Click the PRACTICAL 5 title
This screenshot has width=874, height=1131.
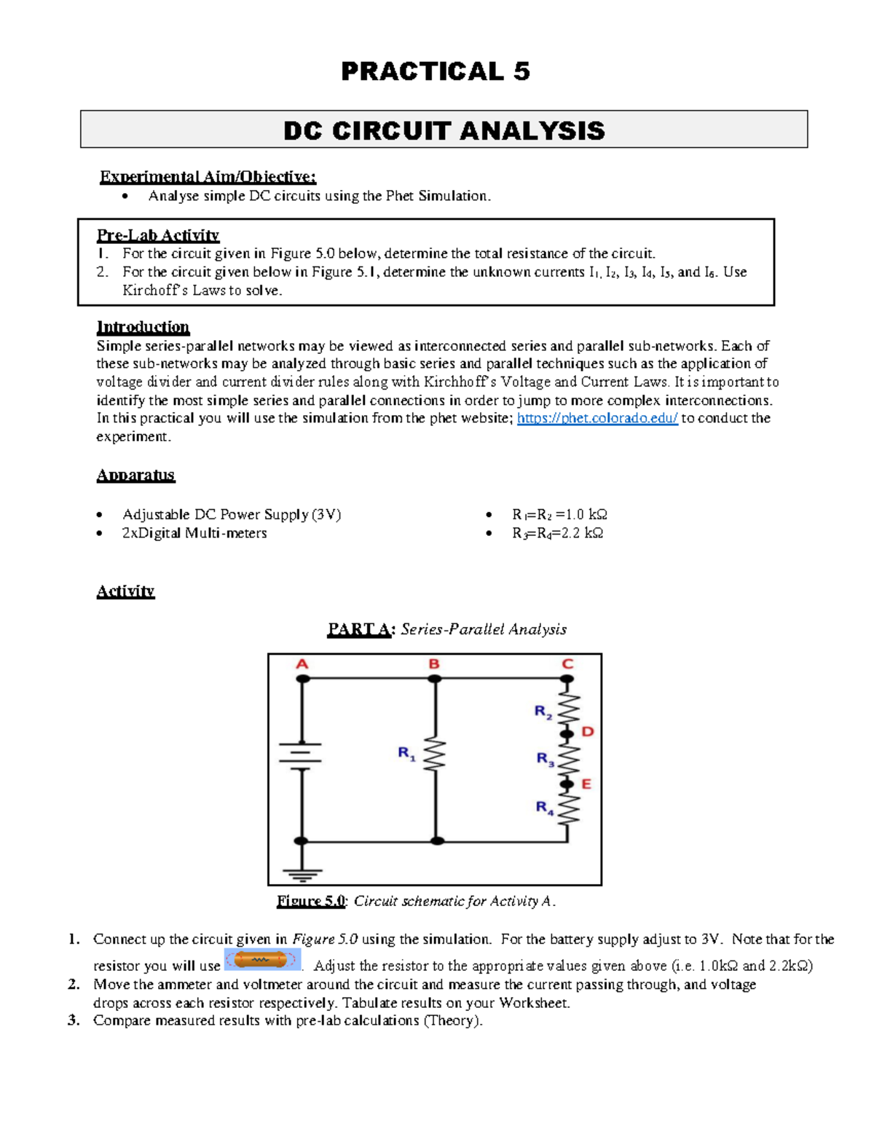pos(436,71)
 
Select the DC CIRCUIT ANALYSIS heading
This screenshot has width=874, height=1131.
pos(444,130)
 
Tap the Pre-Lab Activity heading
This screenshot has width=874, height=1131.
pos(158,235)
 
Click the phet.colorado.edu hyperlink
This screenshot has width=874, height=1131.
pos(597,418)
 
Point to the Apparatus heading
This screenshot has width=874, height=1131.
pos(135,475)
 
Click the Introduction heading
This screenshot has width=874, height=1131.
pos(143,326)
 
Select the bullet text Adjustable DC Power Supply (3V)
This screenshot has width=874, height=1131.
pos(231,514)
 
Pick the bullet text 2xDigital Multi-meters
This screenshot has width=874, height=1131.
pos(194,533)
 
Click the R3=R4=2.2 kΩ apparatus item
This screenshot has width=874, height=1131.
pos(557,533)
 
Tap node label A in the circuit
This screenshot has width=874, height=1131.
pos(302,664)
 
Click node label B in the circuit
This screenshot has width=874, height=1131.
pos(434,664)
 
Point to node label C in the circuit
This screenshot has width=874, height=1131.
pos(567,664)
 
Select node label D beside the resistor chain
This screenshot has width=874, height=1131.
pos(588,731)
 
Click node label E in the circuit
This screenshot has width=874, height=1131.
pos(586,784)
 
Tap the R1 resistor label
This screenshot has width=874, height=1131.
pos(406,753)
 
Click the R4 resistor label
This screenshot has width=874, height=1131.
pos(545,807)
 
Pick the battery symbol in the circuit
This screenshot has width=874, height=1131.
pos(301,754)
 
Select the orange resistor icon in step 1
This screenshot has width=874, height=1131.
pos(261,960)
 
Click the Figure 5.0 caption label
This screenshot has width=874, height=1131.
pos(310,901)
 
